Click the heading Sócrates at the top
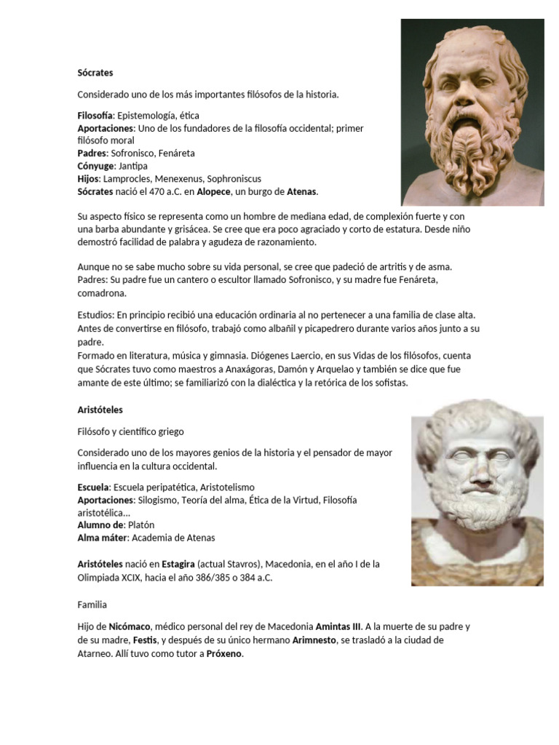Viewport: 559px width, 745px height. tap(95, 73)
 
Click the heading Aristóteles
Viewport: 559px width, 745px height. tap(100, 410)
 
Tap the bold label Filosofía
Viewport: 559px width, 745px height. tap(95, 116)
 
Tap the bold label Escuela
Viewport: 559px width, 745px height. tap(93, 487)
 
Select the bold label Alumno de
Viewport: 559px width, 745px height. tap(101, 525)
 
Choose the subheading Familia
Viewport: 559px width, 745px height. tap(92, 604)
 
